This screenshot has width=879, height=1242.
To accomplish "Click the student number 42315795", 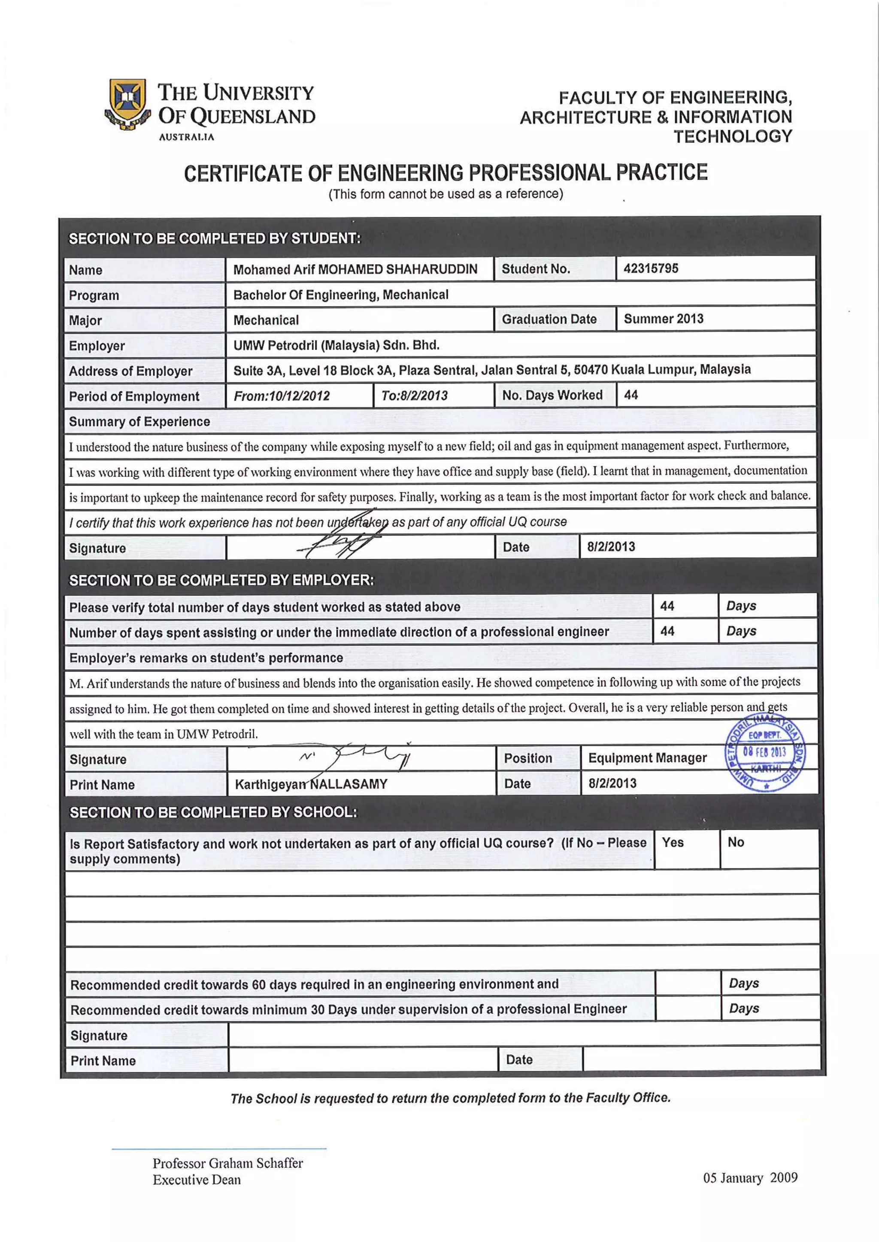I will point(651,268).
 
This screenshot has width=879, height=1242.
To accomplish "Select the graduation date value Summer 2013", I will point(664,319).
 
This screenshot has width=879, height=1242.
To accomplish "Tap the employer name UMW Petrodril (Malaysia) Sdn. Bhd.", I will point(336,345).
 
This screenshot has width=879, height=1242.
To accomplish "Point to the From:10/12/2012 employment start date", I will point(282,396).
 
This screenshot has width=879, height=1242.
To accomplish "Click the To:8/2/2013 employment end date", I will point(414,395).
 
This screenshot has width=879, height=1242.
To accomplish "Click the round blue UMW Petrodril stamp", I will point(764,753).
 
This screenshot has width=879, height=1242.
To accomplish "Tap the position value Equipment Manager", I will point(647,758).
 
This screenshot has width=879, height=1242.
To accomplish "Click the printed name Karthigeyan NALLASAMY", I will point(311,784).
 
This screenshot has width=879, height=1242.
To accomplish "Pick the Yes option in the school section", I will point(673,842).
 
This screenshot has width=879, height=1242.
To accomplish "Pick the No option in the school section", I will point(736,842).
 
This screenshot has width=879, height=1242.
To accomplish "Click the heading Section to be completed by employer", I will point(221,580).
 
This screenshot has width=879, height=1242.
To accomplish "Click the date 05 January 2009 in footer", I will point(750,1178).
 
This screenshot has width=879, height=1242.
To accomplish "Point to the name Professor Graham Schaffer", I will point(227,1163).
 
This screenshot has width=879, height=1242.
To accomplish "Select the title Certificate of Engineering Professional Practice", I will point(446,172).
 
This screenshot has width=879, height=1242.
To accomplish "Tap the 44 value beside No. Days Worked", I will point(630,395).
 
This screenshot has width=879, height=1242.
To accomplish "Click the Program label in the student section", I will point(94,295).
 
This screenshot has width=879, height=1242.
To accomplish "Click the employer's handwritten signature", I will point(357,756).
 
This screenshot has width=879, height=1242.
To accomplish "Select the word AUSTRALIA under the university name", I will point(186,137).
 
